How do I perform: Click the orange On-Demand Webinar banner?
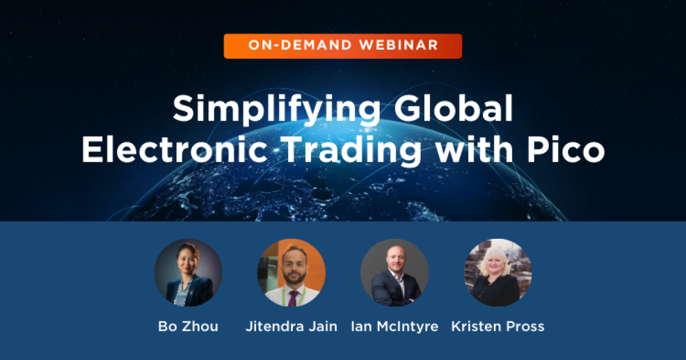pyautogui.click(x=342, y=46)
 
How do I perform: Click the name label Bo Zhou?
pyautogui.click(x=188, y=327)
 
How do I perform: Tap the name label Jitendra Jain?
pyautogui.click(x=292, y=327)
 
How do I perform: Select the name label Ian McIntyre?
pyautogui.click(x=394, y=327)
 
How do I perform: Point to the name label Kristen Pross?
pyautogui.click(x=497, y=327)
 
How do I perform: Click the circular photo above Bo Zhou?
pyautogui.click(x=188, y=273)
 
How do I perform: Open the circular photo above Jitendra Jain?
pyautogui.click(x=292, y=273)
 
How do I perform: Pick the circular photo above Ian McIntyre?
pyautogui.click(x=394, y=273)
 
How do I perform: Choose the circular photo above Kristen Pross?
pyautogui.click(x=497, y=273)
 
